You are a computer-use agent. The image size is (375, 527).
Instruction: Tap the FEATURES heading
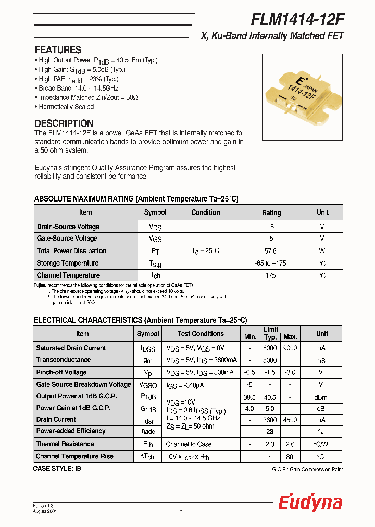point(58,50)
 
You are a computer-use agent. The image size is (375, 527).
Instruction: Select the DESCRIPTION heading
point(64,123)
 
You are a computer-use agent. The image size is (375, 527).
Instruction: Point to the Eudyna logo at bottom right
point(310,503)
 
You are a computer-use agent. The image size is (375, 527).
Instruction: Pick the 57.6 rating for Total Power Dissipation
point(271,250)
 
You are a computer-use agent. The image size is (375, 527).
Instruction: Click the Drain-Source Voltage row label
point(68,227)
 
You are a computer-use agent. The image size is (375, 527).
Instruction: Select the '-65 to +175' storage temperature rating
point(271,263)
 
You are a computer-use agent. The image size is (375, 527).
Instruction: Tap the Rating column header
point(271,212)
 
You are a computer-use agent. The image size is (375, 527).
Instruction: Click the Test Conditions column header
point(201,334)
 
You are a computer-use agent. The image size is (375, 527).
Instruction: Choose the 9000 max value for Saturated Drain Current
point(290,348)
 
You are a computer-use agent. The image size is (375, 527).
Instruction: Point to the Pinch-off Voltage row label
point(61,372)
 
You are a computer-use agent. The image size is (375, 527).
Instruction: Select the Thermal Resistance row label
point(65,444)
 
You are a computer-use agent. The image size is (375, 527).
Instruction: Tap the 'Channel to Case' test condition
point(189,444)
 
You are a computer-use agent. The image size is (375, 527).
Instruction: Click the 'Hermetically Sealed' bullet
point(66,107)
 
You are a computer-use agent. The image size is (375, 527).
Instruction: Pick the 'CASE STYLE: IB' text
point(57,468)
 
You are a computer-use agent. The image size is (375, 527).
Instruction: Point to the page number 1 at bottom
point(181,513)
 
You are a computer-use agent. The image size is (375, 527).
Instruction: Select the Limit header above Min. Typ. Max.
point(271,329)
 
